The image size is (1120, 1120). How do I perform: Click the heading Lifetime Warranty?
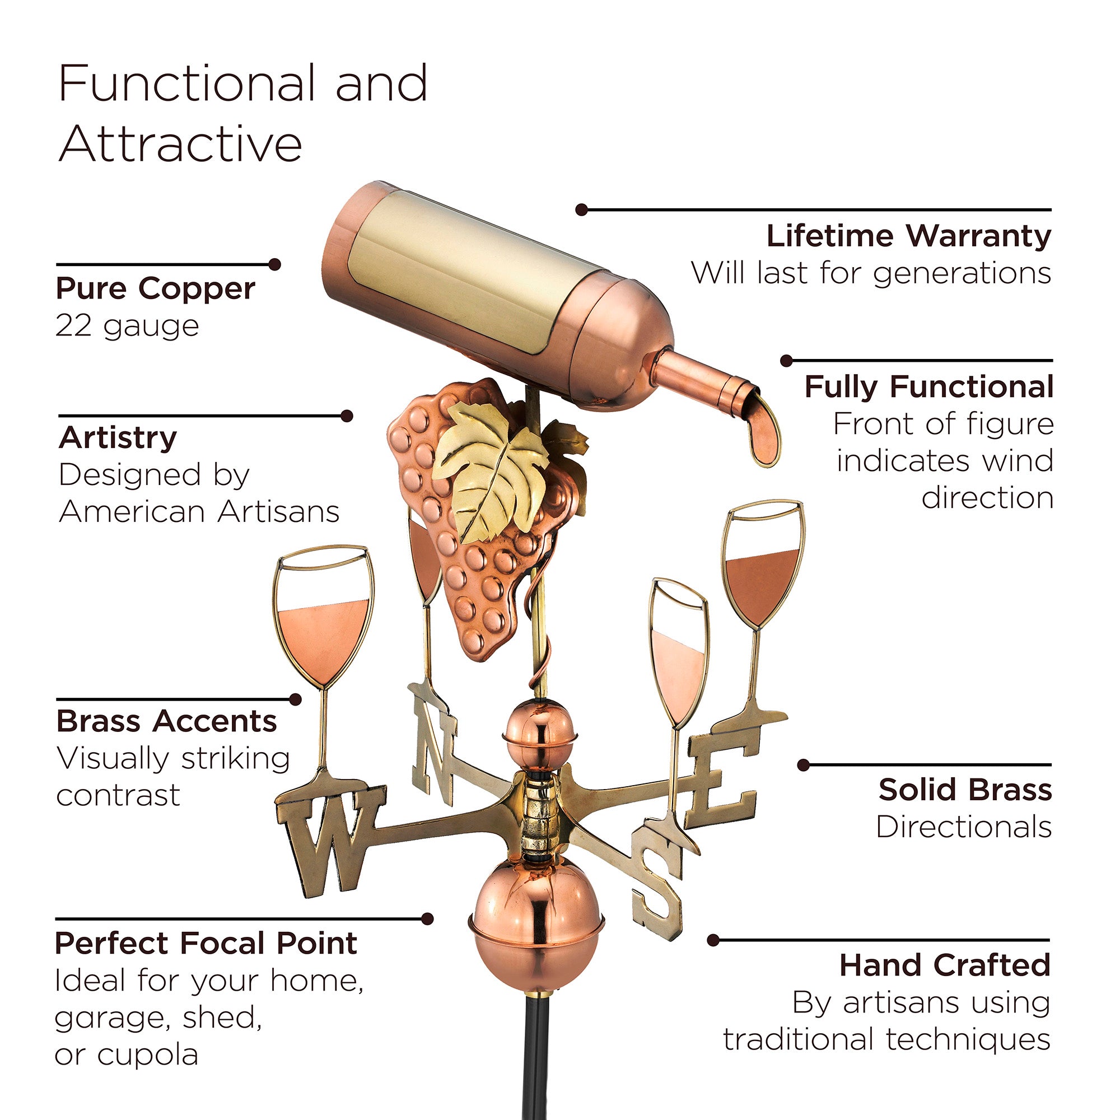[x=908, y=235]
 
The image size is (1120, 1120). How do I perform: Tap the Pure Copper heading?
[x=155, y=290]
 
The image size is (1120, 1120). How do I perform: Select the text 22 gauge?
[x=127, y=326]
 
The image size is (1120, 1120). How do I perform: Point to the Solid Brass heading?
[x=965, y=790]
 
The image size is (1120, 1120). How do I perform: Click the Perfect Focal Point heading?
[x=206, y=943]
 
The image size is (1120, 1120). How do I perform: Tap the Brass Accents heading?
[x=167, y=721]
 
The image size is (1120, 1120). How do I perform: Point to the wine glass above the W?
[x=323, y=617]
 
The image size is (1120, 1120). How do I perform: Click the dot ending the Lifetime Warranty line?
[x=582, y=210]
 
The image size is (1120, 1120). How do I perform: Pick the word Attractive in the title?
[x=180, y=144]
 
